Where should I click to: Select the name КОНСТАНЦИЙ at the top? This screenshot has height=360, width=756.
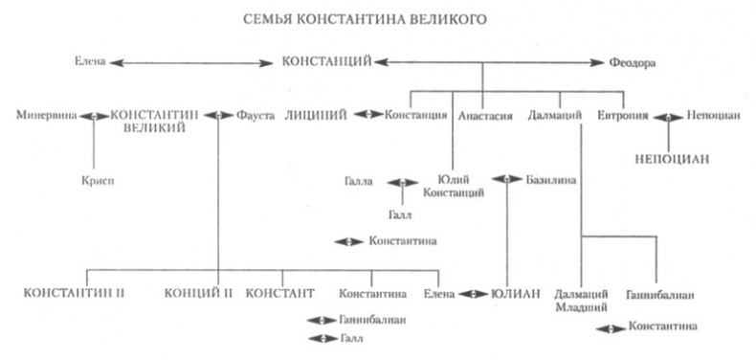pos(326,62)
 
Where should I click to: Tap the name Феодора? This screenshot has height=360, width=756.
pos(631,62)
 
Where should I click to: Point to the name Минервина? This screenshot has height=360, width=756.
pos(46,116)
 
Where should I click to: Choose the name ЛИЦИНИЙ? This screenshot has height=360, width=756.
pos(316,116)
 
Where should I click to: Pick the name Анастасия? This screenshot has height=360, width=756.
pos(485,116)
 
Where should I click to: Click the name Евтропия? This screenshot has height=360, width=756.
pos(621,116)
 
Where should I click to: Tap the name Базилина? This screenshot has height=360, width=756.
pos(549,179)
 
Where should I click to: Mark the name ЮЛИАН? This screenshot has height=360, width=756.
pos(516,292)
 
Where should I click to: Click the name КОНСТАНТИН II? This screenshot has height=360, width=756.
pos(75,292)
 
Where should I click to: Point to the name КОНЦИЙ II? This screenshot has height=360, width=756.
pos(197,292)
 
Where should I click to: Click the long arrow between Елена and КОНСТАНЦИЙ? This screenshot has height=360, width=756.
pos(191,63)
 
